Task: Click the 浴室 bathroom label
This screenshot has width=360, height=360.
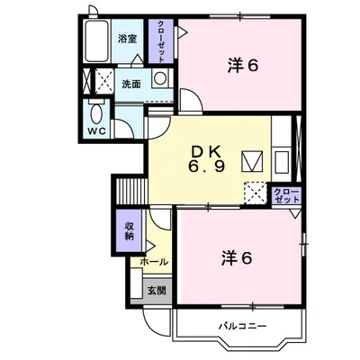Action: (x=127, y=40)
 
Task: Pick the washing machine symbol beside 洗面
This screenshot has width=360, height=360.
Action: (x=160, y=78)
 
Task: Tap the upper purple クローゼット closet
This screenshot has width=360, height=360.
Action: (x=162, y=40)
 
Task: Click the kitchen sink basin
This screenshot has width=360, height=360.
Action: (x=281, y=163)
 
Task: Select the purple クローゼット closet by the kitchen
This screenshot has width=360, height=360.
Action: (x=284, y=195)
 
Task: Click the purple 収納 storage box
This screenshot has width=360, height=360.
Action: (x=128, y=230)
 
